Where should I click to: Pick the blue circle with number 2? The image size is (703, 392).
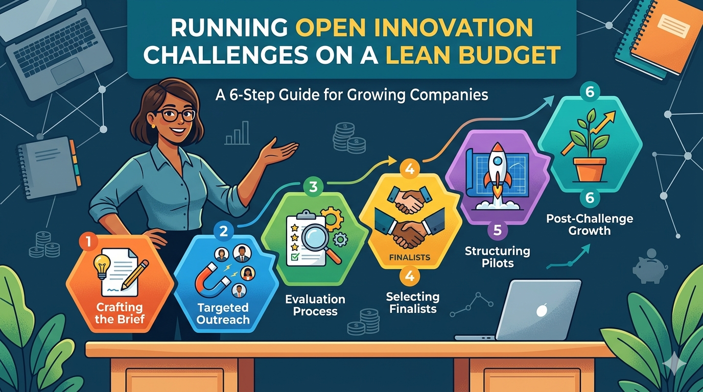(x=223, y=231)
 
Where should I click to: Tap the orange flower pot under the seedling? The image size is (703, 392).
(x=589, y=169)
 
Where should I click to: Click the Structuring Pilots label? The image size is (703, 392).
(x=497, y=257)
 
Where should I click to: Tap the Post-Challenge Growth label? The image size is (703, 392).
(x=590, y=225)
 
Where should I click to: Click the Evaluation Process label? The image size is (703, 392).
(x=315, y=305)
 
